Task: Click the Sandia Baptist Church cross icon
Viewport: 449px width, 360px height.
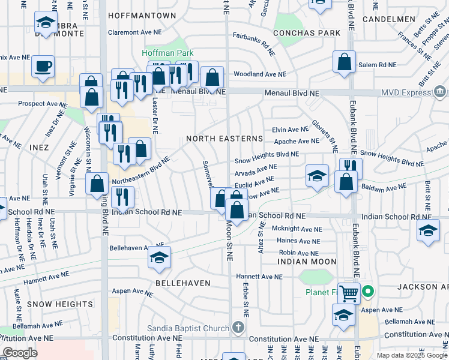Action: (238, 328)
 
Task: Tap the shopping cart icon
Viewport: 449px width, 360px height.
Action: (349, 293)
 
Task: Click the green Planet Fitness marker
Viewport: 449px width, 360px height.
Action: (368, 292)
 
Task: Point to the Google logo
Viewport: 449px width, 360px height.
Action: (20, 353)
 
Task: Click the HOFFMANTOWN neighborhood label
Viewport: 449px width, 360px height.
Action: (142, 16)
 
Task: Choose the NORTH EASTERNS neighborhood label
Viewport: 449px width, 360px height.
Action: (224, 139)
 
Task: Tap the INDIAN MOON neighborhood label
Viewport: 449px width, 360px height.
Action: (307, 262)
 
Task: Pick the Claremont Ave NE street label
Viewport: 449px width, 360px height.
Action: (136, 32)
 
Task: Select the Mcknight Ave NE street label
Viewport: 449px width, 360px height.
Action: (297, 229)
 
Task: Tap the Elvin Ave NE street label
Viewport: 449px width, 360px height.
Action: (290, 130)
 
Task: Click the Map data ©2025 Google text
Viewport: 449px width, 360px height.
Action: (411, 355)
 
